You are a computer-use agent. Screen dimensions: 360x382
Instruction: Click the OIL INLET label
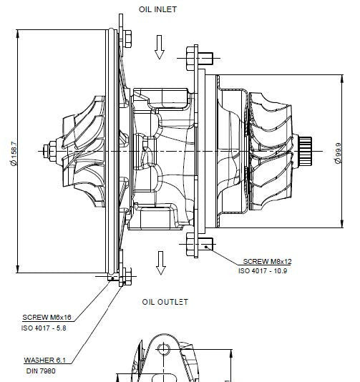(157, 9)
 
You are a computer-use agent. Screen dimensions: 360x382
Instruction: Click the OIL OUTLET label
(165, 302)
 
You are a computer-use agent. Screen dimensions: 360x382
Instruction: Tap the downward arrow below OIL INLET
(160, 47)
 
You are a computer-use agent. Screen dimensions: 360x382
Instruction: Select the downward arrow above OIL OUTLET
(160, 263)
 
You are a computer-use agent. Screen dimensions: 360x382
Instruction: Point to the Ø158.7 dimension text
(14, 154)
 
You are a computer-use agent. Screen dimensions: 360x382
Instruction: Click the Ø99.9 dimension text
(339, 153)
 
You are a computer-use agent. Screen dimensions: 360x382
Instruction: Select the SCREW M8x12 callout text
(267, 261)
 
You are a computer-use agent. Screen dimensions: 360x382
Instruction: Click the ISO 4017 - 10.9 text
(263, 271)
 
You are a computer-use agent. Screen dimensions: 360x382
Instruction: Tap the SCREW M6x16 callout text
(47, 318)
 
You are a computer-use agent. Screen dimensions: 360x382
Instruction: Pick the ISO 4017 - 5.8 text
(44, 328)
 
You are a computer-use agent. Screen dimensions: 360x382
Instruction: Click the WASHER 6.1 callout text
(45, 360)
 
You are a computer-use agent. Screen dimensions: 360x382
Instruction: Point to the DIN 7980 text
(41, 371)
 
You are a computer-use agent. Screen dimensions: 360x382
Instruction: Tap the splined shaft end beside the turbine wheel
(305, 151)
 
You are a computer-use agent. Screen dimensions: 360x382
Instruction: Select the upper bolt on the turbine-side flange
(200, 58)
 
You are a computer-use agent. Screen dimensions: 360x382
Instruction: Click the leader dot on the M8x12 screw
(206, 247)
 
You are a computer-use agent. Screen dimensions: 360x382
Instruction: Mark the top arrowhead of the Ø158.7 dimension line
(18, 34)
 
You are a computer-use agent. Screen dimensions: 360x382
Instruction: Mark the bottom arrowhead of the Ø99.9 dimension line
(342, 223)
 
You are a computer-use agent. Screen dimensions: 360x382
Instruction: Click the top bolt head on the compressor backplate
(127, 39)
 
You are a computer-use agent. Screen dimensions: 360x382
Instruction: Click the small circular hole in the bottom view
(163, 349)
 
